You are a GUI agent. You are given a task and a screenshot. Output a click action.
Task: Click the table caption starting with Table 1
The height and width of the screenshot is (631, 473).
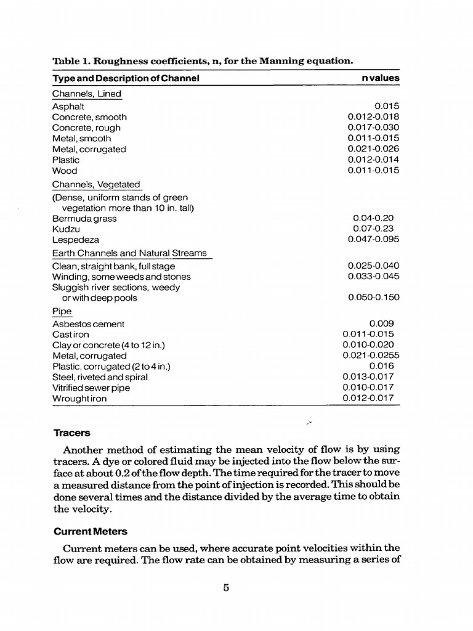pyautogui.click(x=203, y=60)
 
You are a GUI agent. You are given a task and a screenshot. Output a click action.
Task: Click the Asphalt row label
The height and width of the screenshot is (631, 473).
pyautogui.click(x=68, y=107)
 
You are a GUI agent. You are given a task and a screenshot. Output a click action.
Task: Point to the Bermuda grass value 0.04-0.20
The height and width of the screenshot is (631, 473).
pyautogui.click(x=373, y=218)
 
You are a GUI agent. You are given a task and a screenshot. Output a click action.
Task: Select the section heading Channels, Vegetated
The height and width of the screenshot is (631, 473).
pyautogui.click(x=95, y=184)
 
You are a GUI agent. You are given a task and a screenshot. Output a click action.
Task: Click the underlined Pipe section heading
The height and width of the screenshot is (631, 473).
pyautogui.click(x=62, y=312)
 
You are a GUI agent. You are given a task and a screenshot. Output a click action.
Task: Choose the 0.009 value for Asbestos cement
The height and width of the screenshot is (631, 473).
pyautogui.click(x=381, y=324)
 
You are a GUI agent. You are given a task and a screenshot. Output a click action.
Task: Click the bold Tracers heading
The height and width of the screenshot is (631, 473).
pyautogui.click(x=71, y=433)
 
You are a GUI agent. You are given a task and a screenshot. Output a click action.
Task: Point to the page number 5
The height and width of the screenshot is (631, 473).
pyautogui.click(x=226, y=588)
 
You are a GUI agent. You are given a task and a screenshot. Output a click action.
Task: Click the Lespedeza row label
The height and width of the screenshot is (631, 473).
pyautogui.click(x=76, y=240)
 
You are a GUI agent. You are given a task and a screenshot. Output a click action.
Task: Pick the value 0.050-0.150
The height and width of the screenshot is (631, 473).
pyautogui.click(x=373, y=298)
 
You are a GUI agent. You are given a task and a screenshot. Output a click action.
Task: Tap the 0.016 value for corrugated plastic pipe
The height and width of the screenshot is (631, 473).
pyautogui.click(x=381, y=366)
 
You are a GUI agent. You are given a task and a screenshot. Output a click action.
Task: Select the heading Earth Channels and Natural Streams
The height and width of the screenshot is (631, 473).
pyautogui.click(x=129, y=253)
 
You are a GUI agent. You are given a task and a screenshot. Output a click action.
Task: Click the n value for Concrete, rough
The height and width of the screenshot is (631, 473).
pyautogui.click(x=373, y=128)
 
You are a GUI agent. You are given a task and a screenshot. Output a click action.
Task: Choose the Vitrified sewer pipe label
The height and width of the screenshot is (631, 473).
pyautogui.click(x=91, y=388)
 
